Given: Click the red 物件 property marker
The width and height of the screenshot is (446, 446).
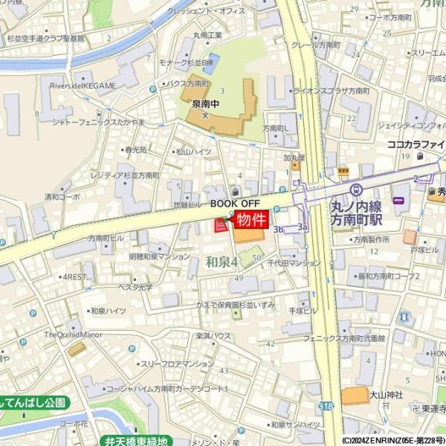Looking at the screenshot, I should coord(251,219).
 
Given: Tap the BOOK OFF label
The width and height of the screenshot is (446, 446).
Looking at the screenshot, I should coord(235,202).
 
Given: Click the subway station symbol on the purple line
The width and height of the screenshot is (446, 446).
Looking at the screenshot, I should coord(356,190).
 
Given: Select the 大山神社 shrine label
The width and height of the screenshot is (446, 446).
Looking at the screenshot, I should coord(387,394).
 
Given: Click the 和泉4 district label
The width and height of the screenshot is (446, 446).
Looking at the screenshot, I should coord(221,262).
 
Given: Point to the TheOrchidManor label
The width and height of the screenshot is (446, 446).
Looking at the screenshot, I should coord(72,334).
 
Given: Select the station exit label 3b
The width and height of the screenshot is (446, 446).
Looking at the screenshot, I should coord(279,230).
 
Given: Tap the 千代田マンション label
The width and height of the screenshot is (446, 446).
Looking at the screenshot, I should coord(294,262).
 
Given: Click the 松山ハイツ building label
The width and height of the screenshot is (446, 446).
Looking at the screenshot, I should coord(193,151).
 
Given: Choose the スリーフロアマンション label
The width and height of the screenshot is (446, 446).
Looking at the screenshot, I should coord(177,363).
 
